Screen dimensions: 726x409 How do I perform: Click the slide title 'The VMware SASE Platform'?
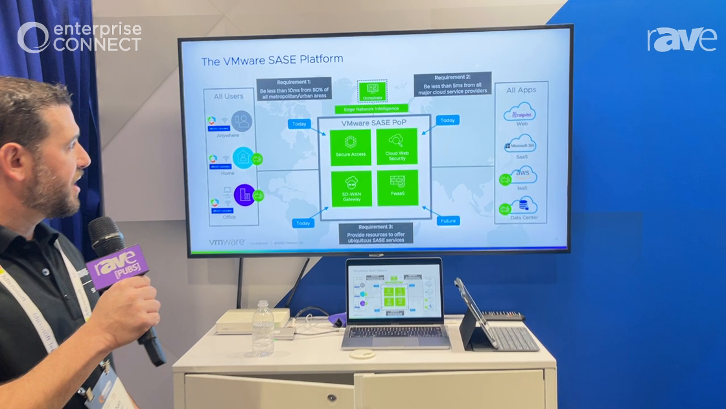coord(272,60)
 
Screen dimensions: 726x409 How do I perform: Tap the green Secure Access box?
coord(351,147)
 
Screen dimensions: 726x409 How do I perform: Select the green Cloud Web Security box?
coord(397,147)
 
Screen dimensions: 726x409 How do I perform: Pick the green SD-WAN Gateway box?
coord(351,188)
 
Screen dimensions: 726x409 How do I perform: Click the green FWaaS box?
coord(397,188)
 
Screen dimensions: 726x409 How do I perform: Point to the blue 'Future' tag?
coord(448,221)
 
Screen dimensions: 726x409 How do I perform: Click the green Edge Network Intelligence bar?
coord(371,109)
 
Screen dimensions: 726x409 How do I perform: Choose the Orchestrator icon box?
coord(372,90)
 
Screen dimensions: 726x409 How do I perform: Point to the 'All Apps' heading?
coord(521,90)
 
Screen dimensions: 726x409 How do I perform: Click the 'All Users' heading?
coord(229,96)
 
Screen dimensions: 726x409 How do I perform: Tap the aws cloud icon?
coord(521,175)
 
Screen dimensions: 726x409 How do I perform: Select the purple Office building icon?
coord(244,194)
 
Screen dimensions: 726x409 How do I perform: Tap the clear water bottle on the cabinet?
coord(263,328)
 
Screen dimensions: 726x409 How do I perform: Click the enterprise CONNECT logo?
coord(79,37)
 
